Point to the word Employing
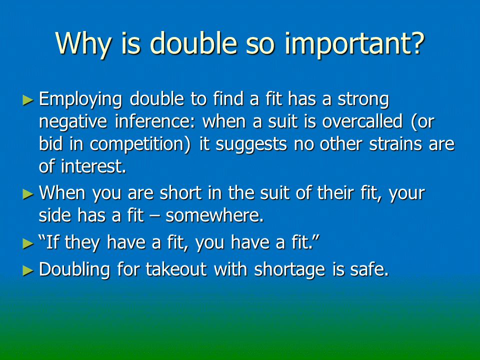pos(80,100)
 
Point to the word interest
pos(93,167)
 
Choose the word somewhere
pos(214,215)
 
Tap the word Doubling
pos(74,270)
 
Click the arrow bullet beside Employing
pos(28,100)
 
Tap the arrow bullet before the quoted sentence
pos(28,243)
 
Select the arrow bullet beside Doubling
pos(28,270)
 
